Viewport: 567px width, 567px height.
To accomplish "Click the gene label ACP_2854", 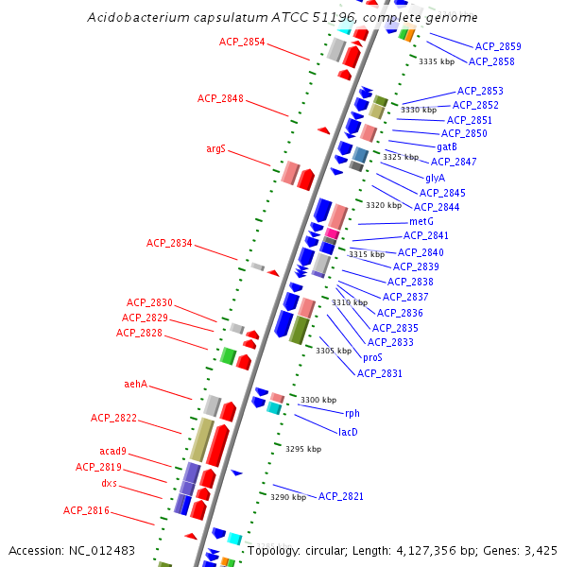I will [242, 42].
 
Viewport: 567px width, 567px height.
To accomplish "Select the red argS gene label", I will [215, 148].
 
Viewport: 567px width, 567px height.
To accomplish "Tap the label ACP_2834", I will [169, 243].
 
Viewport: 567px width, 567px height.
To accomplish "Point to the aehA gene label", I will [136, 384].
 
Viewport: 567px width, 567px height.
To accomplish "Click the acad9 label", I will [112, 451].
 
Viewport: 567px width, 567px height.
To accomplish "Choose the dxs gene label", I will [110, 483].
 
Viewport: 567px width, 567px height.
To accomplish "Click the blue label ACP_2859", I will [498, 46].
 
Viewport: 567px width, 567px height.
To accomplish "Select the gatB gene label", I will [447, 146].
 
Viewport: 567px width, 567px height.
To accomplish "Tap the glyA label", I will [435, 178].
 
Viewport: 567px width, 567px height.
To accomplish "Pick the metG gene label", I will [421, 221].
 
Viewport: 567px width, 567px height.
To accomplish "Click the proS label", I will [372, 357].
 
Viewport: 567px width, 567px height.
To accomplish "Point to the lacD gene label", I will [348, 432].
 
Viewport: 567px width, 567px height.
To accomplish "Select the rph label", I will [352, 413].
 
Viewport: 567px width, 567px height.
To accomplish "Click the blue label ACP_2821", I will [341, 496].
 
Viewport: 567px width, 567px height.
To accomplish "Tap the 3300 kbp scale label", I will [318, 400].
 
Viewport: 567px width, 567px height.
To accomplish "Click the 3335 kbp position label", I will [437, 61].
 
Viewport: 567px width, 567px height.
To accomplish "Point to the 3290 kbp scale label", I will [288, 496].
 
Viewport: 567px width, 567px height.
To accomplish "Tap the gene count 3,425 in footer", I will [541, 550].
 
